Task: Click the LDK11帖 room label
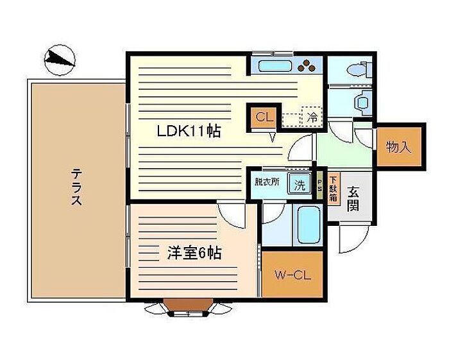click(x=189, y=132)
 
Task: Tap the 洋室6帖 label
click(x=194, y=253)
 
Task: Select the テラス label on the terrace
click(x=76, y=187)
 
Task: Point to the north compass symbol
click(x=60, y=60)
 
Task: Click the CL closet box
click(x=264, y=117)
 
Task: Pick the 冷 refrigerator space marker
click(x=312, y=116)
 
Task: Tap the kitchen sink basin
click(x=275, y=66)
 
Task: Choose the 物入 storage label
click(x=398, y=147)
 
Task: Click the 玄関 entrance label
click(x=353, y=198)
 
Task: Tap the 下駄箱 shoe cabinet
click(x=333, y=189)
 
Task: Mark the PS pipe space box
click(x=319, y=185)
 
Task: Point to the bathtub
click(x=309, y=225)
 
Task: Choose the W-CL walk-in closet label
click(x=292, y=275)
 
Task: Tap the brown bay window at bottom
click(x=188, y=305)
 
